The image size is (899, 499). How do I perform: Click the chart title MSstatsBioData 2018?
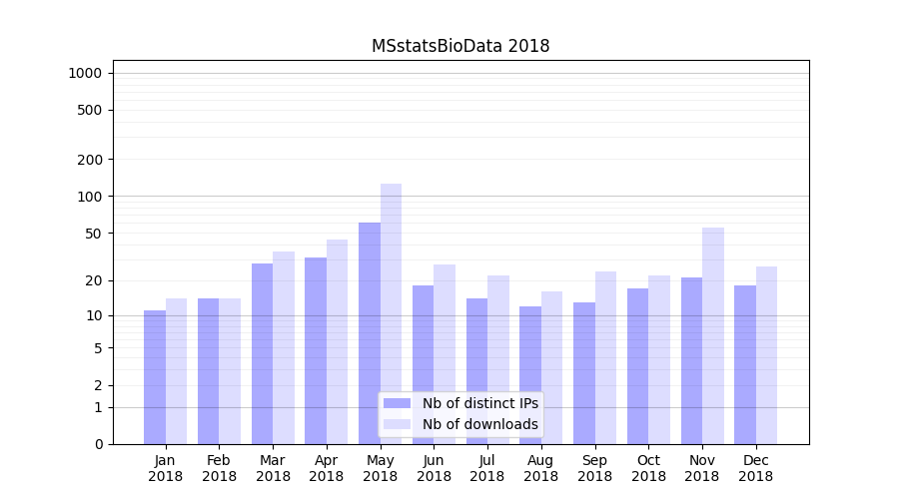point(460,46)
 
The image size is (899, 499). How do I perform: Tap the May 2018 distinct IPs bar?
point(370,333)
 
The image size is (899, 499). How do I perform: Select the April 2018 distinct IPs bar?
point(316,350)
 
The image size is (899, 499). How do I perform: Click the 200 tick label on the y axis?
point(89,160)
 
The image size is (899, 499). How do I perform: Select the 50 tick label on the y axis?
point(93,234)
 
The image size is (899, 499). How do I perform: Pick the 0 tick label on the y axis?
point(98,444)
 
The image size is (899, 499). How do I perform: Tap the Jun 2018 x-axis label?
point(434,468)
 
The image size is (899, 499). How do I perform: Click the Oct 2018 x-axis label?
point(648,468)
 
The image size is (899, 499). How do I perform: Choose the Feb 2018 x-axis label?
point(219,468)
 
